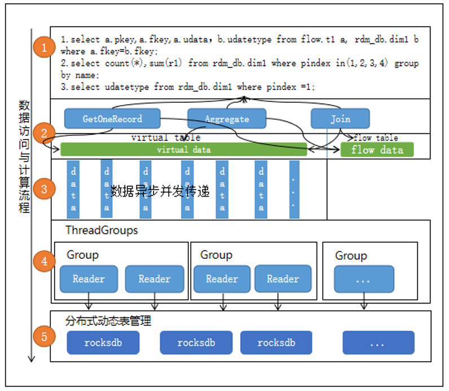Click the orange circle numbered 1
43,47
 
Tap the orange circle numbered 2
43,133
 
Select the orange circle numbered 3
43,188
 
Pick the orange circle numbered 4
43,261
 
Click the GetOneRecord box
112,119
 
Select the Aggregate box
227,119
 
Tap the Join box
340,119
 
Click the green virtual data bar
183,150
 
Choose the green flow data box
377,150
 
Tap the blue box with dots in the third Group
363,279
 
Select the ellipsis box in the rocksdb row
378,342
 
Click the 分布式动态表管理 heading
109,322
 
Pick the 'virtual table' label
165,137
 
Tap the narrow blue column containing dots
294,189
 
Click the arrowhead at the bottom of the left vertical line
32,357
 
